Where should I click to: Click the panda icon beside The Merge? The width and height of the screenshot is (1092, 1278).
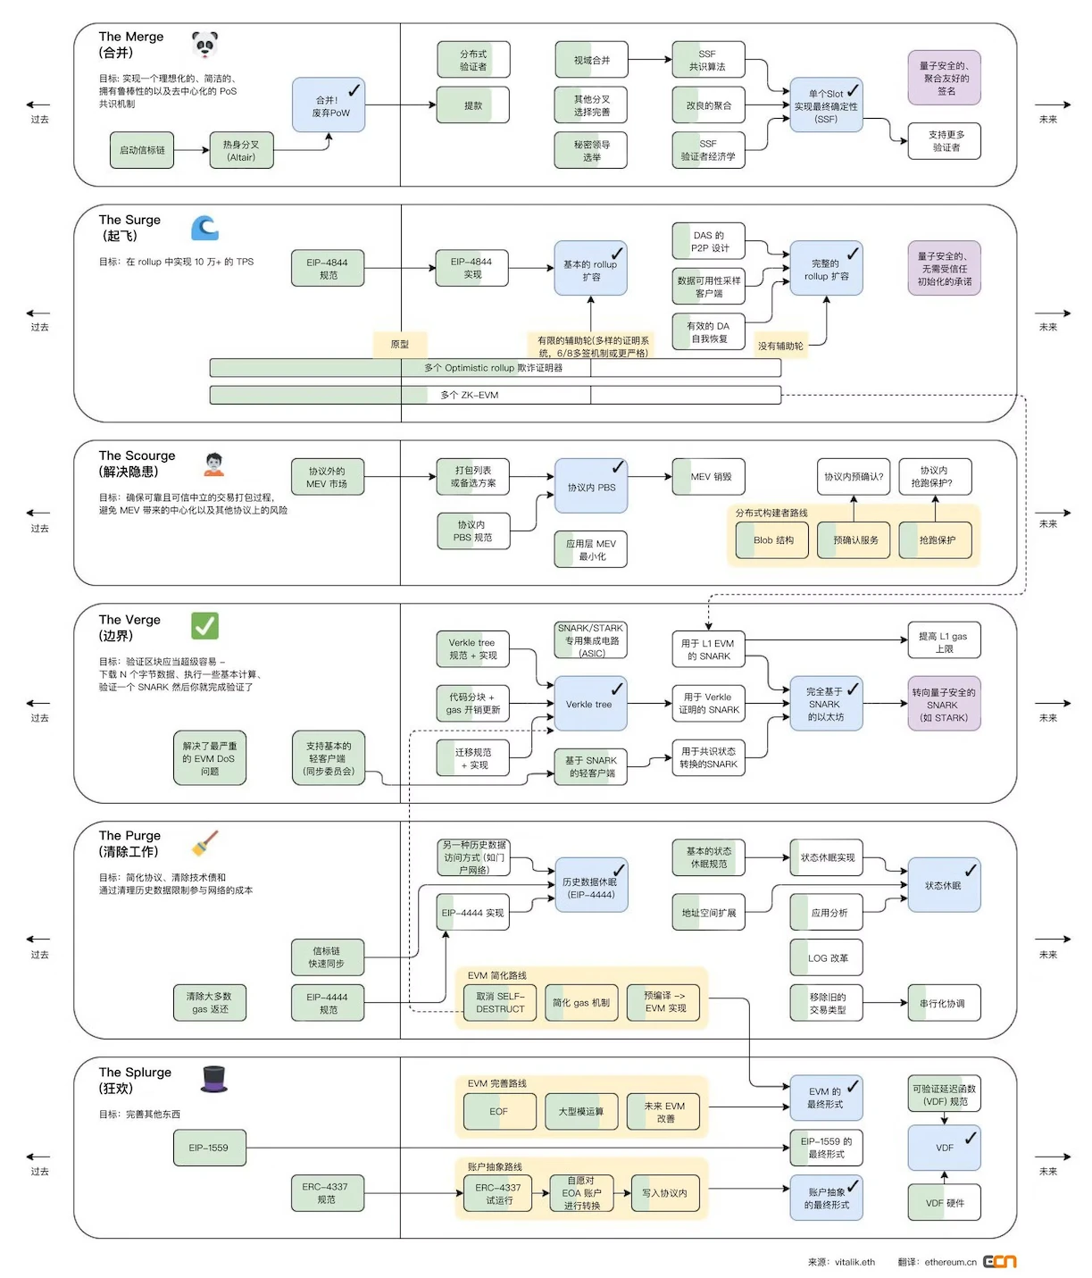pyautogui.click(x=204, y=44)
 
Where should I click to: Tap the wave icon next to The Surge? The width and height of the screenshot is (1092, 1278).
pyautogui.click(x=204, y=228)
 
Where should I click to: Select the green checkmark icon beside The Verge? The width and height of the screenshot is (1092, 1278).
pyautogui.click(x=204, y=625)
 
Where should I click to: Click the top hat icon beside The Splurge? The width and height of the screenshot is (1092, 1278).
pyautogui.click(x=214, y=1079)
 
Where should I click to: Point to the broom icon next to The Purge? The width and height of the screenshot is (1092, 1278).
pyautogui.click(x=204, y=844)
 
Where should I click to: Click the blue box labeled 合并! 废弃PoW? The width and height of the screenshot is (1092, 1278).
pyautogui.click(x=329, y=105)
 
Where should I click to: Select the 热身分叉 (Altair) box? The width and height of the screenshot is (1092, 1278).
pyautogui.click(x=241, y=150)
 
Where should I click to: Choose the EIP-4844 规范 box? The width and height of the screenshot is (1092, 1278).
pyautogui.click(x=328, y=268)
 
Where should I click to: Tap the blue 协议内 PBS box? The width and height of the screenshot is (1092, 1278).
pyautogui.click(x=590, y=487)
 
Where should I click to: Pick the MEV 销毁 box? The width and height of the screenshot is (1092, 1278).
pyautogui.click(x=709, y=477)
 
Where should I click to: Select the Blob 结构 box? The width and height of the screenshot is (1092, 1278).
pyautogui.click(x=772, y=540)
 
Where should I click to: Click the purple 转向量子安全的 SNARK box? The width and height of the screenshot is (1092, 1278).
pyautogui.click(x=944, y=704)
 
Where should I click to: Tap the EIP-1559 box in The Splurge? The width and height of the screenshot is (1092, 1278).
pyautogui.click(x=209, y=1148)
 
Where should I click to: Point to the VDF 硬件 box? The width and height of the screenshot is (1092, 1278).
pyautogui.click(x=944, y=1202)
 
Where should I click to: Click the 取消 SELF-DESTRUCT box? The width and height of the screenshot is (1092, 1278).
pyautogui.click(x=500, y=1002)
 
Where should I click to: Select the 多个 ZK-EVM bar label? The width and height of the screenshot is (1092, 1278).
pyautogui.click(x=469, y=395)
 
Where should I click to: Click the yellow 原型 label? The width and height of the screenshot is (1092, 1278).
pyautogui.click(x=400, y=344)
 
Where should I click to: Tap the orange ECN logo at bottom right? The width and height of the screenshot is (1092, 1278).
pyautogui.click(x=999, y=1261)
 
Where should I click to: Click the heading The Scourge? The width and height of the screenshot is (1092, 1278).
pyautogui.click(x=137, y=455)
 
